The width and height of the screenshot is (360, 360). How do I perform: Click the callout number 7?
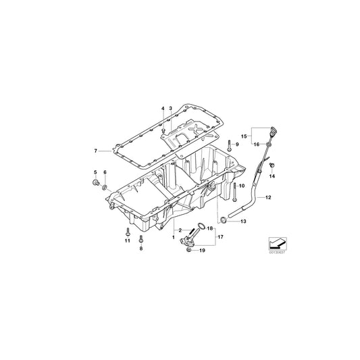click(96, 151)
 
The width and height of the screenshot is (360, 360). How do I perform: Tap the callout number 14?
click(272, 176)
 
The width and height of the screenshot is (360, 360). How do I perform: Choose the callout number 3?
click(171, 108)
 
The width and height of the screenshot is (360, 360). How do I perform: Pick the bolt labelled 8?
click(141, 238)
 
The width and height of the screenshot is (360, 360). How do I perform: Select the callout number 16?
click(257, 144)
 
